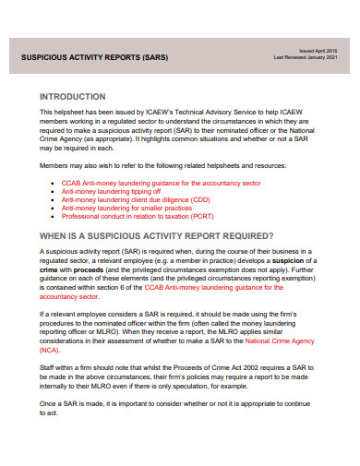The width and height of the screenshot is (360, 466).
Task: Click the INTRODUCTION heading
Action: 79,96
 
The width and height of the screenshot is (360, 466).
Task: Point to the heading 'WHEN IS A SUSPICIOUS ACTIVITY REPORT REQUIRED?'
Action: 157,236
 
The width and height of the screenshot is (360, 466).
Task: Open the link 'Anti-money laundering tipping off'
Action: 110,191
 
